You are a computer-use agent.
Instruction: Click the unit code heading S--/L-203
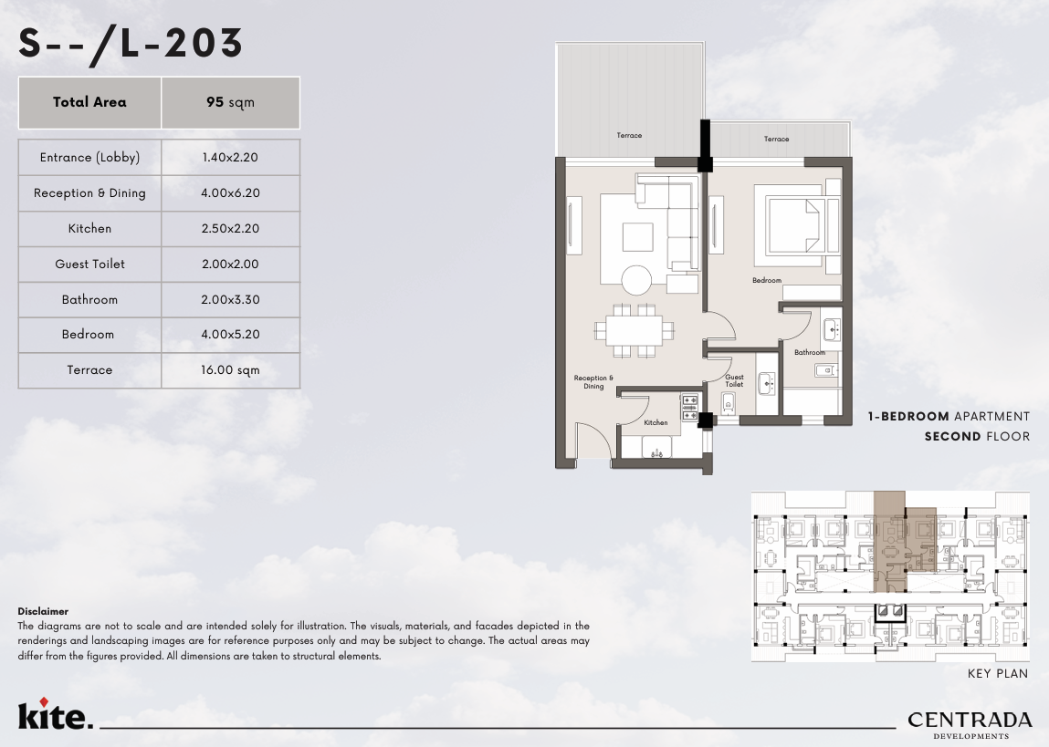(131, 44)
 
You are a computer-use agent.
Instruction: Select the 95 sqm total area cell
(230, 102)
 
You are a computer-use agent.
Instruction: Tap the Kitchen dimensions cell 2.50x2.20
(230, 229)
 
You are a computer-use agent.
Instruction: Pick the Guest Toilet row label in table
(89, 264)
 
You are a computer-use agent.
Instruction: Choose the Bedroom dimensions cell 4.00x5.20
(230, 334)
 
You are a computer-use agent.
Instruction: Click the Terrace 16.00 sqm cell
(230, 370)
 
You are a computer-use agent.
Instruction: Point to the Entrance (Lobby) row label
(89, 158)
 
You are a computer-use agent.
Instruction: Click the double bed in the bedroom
(797, 226)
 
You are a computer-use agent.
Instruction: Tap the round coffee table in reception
(636, 280)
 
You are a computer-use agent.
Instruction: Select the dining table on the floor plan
(635, 330)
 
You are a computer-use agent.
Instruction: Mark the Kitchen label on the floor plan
(656, 422)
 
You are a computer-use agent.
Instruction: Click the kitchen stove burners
(689, 408)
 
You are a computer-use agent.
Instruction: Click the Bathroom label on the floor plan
(810, 352)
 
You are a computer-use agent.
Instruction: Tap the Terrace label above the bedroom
(776, 139)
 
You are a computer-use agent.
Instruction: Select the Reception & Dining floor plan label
(593, 381)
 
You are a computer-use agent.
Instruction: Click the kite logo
(56, 713)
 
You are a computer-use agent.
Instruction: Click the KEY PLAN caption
(998, 673)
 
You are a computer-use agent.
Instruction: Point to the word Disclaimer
(43, 611)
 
